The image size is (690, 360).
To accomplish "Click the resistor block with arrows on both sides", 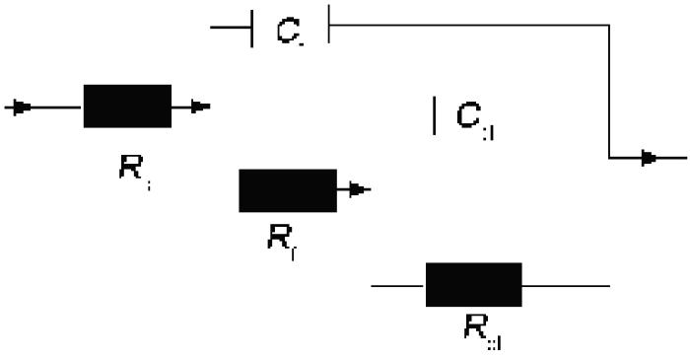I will pyautogui.click(x=126, y=107).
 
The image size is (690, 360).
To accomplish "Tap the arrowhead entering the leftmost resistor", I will pyautogui.click(x=21, y=107).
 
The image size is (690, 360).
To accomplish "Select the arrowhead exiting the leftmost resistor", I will pyautogui.click(x=200, y=107).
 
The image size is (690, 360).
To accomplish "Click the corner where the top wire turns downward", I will pyautogui.click(x=609, y=28).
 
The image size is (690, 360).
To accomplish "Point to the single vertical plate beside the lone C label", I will pyautogui.click(x=435, y=115).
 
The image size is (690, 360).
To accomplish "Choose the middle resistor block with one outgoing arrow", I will pyautogui.click(x=287, y=190).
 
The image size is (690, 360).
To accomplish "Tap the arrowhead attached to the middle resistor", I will pyautogui.click(x=360, y=190).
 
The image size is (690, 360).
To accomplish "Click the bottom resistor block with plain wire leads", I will pyautogui.click(x=473, y=285).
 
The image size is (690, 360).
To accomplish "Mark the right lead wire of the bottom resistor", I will pyautogui.click(x=566, y=285).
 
